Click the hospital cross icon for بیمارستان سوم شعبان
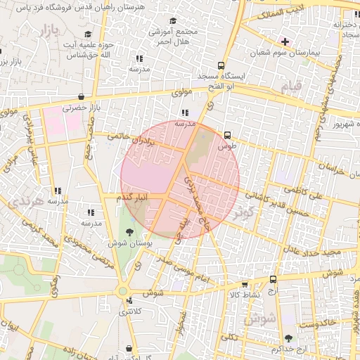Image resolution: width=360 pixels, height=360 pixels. click(285, 41)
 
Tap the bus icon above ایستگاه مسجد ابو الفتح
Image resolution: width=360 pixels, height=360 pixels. click(221, 65)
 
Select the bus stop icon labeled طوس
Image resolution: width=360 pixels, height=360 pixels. click(226, 135)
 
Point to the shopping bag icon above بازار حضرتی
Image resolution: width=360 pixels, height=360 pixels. click(82, 97)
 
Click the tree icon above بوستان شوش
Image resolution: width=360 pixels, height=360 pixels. click(130, 231)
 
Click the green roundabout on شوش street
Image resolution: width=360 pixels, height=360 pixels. click(123, 289)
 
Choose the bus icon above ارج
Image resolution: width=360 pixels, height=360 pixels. click(273, 279)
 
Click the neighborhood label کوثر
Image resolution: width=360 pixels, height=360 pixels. click(243, 211)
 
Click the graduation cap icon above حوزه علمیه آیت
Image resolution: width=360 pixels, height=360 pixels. click(88, 34)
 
